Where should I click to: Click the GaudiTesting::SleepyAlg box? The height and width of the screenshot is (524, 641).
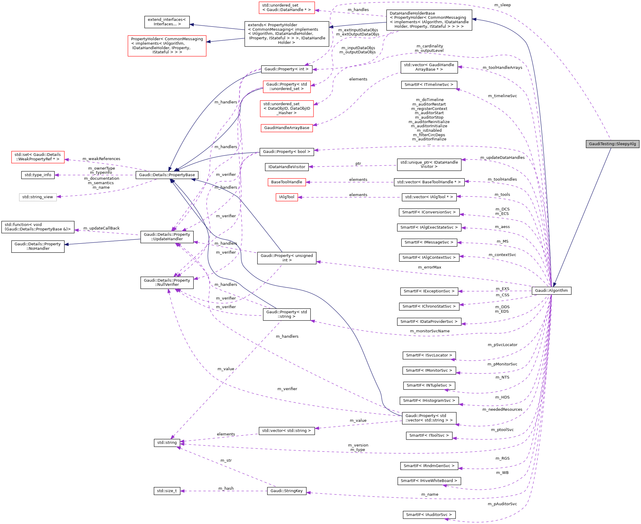[x=612, y=144]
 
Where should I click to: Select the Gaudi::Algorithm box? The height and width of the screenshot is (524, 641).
[x=551, y=291]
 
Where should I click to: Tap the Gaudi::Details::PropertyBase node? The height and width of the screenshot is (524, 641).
[x=167, y=175]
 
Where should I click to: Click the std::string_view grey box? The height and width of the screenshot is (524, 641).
[x=38, y=197]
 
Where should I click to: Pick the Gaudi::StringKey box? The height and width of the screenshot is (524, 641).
[x=286, y=491]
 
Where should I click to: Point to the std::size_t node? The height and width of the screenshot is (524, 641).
[x=167, y=491]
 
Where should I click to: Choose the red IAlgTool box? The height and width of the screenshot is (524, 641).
[x=286, y=197]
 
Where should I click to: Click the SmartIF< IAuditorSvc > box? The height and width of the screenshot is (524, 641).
[x=429, y=515]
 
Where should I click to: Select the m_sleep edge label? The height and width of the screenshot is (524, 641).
[x=502, y=5]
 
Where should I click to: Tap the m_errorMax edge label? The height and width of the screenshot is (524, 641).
[x=429, y=267]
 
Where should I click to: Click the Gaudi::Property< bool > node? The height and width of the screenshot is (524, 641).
[x=286, y=152]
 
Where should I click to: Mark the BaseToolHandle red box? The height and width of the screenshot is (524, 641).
[x=286, y=182]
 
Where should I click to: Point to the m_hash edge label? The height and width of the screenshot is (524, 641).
[x=226, y=489]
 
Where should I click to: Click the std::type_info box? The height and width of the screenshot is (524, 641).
[x=38, y=175]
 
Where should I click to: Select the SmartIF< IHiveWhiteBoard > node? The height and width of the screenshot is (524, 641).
[x=429, y=481]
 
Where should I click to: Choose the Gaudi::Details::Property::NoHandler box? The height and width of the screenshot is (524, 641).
[x=38, y=246]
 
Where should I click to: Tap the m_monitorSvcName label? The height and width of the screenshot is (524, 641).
[x=429, y=331]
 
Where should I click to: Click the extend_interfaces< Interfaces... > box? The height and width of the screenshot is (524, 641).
[x=167, y=22]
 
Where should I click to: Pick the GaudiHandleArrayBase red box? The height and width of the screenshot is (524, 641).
[x=286, y=128]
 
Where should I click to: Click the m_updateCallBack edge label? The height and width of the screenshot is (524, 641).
[x=101, y=228]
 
